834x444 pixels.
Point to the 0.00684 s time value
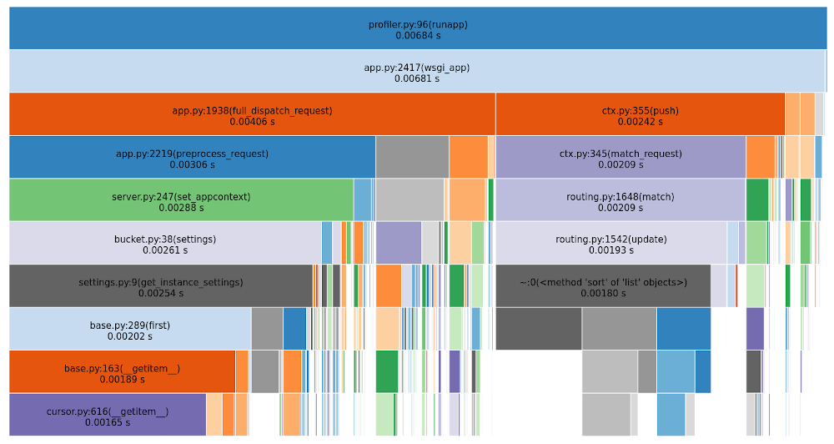[x=418, y=36]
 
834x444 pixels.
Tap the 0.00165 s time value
[x=107, y=422]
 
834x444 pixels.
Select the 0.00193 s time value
[x=610, y=250]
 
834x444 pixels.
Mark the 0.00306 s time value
[x=192, y=165]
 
